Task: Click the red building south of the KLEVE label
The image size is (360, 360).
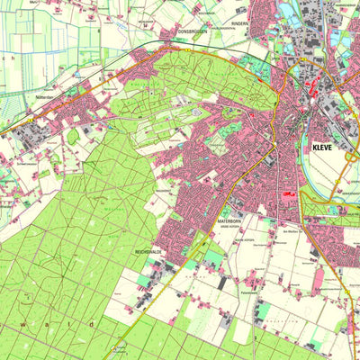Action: pyautogui.click(x=289, y=193)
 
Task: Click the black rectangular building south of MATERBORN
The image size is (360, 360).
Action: pyautogui.click(x=222, y=283)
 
